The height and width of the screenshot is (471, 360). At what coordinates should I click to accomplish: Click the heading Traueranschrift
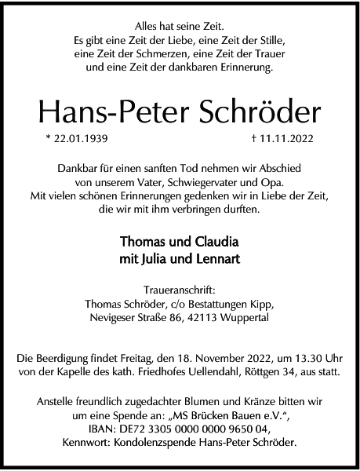[x=180, y=290]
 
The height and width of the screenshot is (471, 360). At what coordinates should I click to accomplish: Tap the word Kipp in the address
[x=260, y=304]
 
